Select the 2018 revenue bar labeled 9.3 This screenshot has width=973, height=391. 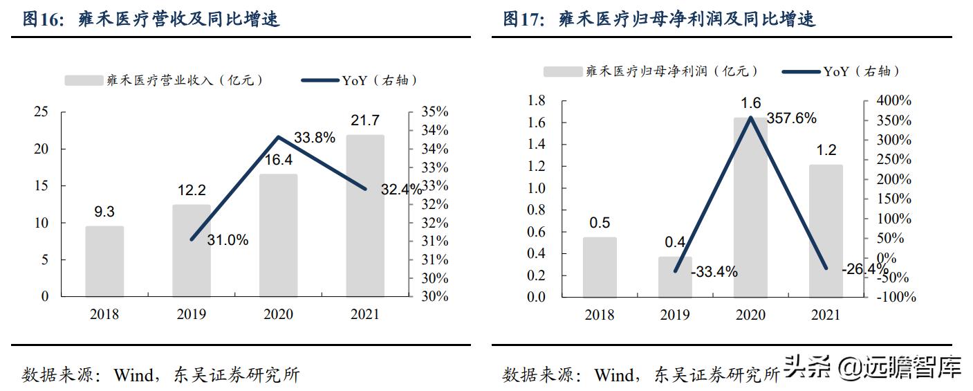click(x=104, y=261)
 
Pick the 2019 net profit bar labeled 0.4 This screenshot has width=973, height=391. click(x=675, y=277)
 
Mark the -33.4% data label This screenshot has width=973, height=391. click(x=714, y=272)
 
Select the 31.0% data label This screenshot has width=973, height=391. click(x=228, y=240)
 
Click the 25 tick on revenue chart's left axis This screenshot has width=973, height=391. click(x=41, y=112)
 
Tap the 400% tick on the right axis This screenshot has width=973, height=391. click(x=893, y=101)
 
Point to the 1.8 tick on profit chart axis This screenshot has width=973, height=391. click(x=537, y=101)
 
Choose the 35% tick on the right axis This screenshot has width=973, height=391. click(x=434, y=112)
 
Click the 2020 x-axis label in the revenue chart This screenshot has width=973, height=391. click(x=278, y=314)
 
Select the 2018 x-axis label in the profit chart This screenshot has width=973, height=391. click(x=600, y=315)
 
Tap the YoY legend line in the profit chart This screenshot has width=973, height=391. click(x=801, y=71)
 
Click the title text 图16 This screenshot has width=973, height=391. click(x=44, y=19)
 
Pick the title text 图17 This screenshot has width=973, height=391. click(x=523, y=19)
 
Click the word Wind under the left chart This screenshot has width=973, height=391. click(x=133, y=375)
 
